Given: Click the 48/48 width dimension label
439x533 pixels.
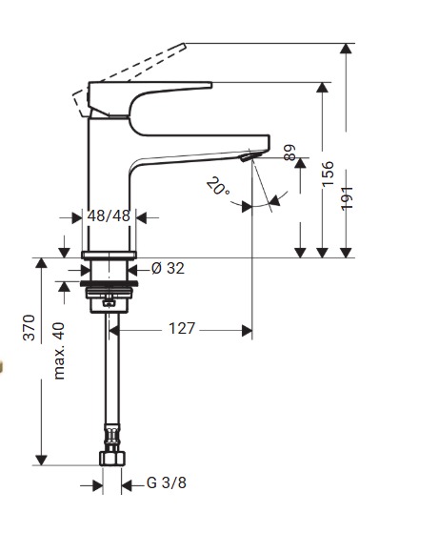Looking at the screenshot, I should [x=109, y=216].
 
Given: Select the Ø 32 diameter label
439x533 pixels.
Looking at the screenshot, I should [x=168, y=269].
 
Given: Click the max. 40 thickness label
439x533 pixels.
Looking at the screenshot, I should [x=58, y=350].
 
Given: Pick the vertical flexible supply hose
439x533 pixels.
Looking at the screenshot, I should [x=110, y=381].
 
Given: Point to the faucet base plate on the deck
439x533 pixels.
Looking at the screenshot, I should [x=109, y=256].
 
